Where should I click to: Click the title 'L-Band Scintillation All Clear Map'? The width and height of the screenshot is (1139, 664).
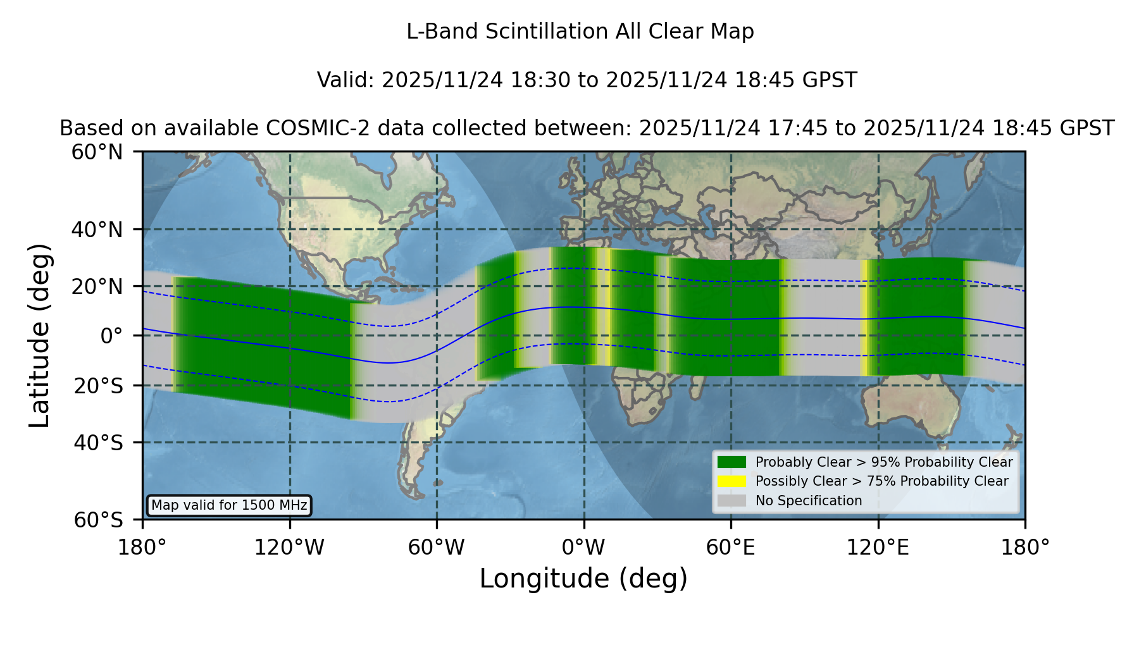click(x=580, y=32)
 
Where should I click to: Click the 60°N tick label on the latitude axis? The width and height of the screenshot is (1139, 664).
click(x=97, y=152)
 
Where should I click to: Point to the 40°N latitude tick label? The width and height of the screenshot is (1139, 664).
click(x=97, y=230)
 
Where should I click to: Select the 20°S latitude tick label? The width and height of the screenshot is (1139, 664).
click(x=98, y=386)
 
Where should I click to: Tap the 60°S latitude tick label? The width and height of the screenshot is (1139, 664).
click(x=98, y=520)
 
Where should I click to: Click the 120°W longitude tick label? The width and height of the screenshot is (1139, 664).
click(x=289, y=548)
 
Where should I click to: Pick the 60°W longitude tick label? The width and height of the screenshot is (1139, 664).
click(x=437, y=548)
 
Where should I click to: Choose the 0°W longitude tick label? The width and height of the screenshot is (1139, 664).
click(x=583, y=548)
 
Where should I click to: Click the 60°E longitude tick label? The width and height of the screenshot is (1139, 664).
click(x=731, y=548)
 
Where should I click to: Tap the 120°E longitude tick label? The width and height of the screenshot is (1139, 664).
click(x=878, y=548)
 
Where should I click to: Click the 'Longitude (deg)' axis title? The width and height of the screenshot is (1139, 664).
click(x=583, y=579)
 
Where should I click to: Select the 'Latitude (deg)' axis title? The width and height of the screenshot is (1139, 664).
click(x=40, y=335)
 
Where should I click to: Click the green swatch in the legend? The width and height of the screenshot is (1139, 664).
click(x=731, y=462)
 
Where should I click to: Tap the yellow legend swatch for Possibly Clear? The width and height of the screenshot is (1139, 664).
click(x=731, y=481)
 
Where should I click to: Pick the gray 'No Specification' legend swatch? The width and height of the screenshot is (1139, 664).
click(x=731, y=501)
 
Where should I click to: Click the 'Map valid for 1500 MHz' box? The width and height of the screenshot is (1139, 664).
click(x=229, y=505)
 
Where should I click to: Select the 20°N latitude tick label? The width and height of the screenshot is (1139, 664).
click(x=97, y=286)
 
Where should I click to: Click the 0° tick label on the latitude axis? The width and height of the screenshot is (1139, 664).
click(x=111, y=336)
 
